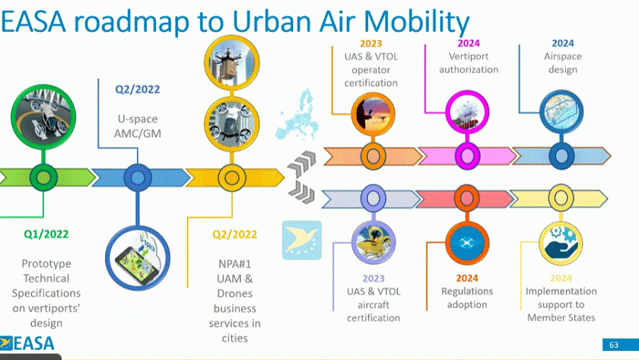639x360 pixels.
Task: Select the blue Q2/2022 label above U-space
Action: click(138, 89)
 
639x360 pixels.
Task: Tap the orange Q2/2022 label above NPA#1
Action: click(234, 234)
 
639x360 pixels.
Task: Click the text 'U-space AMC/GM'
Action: click(138, 126)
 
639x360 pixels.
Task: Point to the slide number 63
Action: click(613, 345)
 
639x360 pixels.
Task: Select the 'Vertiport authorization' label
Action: click(469, 63)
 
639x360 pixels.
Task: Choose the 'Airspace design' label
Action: click(562, 63)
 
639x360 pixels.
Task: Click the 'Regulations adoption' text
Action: click(467, 298)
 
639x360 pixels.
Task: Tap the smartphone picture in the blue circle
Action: click(138, 259)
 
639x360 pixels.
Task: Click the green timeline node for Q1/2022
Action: click(43, 177)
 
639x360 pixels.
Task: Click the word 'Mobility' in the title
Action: click(415, 24)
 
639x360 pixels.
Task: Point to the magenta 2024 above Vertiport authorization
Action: click(469, 43)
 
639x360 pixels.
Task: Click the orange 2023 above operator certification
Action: click(372, 43)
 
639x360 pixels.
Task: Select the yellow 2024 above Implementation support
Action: click(561, 279)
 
